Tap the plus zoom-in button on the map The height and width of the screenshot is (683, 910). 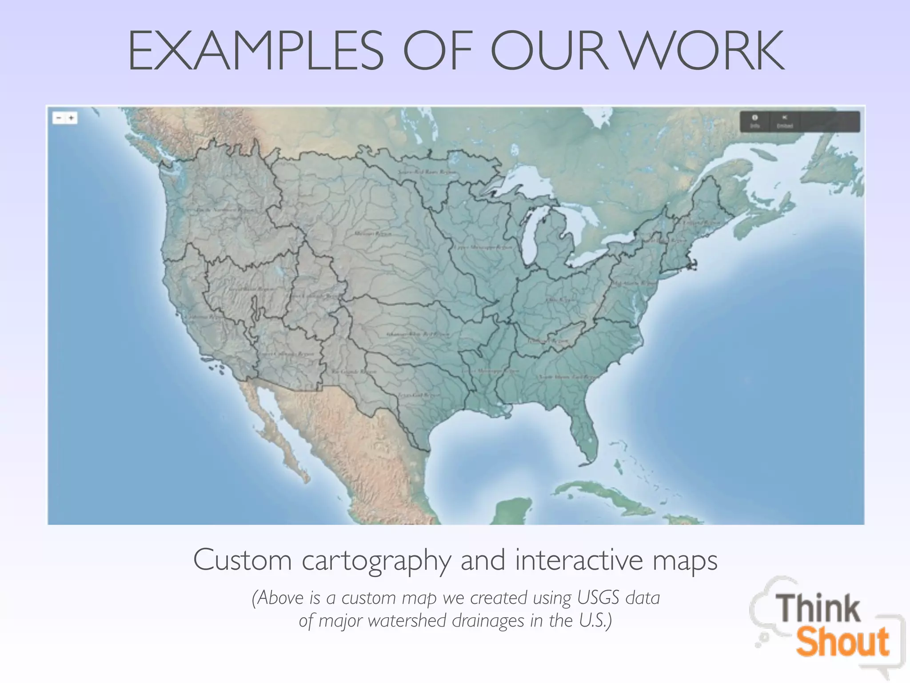(71, 118)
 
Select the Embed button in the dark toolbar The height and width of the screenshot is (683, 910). (785, 121)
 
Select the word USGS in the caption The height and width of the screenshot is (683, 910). (598, 598)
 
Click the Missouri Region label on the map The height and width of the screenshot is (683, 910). (373, 233)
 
